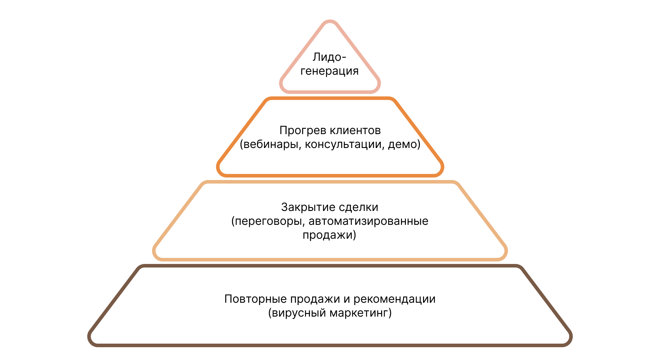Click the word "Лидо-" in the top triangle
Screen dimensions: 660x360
[329, 57]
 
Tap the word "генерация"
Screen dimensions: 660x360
[329, 71]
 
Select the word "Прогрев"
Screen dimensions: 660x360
[302, 131]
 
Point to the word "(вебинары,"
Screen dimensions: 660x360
[270, 144]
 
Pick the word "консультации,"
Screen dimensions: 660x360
[344, 144]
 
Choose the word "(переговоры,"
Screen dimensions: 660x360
[268, 221]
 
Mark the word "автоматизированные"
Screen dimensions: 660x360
[369, 221]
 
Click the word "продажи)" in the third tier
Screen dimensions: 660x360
[329, 235]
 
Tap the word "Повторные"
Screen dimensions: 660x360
[256, 299]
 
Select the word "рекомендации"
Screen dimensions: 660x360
[395, 299]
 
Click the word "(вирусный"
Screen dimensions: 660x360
[297, 313]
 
